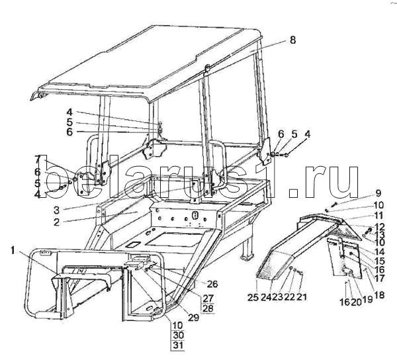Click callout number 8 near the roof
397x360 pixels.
point(292,40)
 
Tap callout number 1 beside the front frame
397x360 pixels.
point(13,251)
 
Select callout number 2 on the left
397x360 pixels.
point(56,222)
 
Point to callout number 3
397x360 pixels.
point(56,210)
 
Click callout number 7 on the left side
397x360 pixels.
point(38,159)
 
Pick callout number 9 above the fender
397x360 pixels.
point(378,194)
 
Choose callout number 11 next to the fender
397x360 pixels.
point(378,216)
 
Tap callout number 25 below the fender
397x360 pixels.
point(253,298)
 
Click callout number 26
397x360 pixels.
point(212,284)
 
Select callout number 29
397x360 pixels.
point(193,317)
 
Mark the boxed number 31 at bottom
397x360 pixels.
point(178,345)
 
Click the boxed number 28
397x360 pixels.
point(208,308)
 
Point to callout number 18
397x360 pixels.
point(378,295)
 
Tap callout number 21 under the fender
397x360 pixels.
point(301,296)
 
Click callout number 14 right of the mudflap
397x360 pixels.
point(379,252)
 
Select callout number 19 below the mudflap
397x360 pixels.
point(368,299)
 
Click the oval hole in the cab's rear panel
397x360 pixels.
point(195,216)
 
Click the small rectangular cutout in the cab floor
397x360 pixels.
point(132,245)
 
